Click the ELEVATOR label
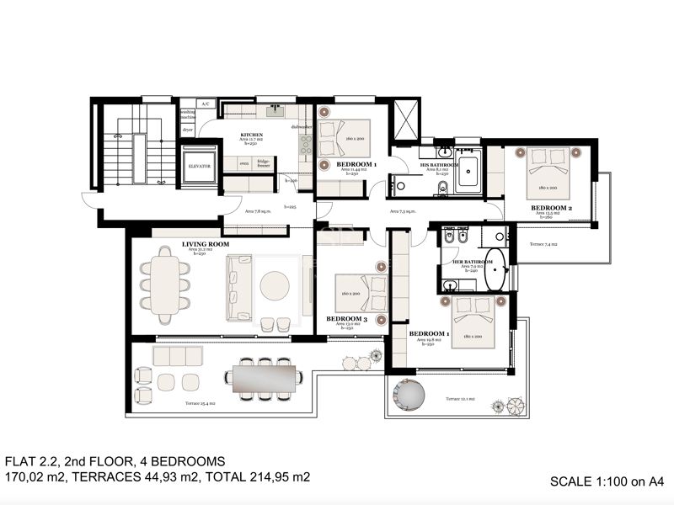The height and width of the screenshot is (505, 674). [200, 166]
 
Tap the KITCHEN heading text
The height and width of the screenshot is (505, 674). [252, 135]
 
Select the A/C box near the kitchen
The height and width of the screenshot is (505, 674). [205, 104]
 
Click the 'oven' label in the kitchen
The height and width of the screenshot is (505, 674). [243, 163]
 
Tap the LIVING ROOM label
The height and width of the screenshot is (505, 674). [206, 244]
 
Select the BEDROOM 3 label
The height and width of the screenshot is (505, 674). [345, 318]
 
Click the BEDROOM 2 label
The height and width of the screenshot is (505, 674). [551, 207]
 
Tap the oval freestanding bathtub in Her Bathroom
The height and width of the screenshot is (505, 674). [499, 269]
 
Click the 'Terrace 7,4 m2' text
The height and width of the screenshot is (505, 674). [545, 244]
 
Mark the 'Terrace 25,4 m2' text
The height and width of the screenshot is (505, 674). [201, 404]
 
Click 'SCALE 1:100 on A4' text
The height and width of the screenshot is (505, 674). [607, 481]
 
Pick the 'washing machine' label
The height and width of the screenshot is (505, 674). [188, 114]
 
